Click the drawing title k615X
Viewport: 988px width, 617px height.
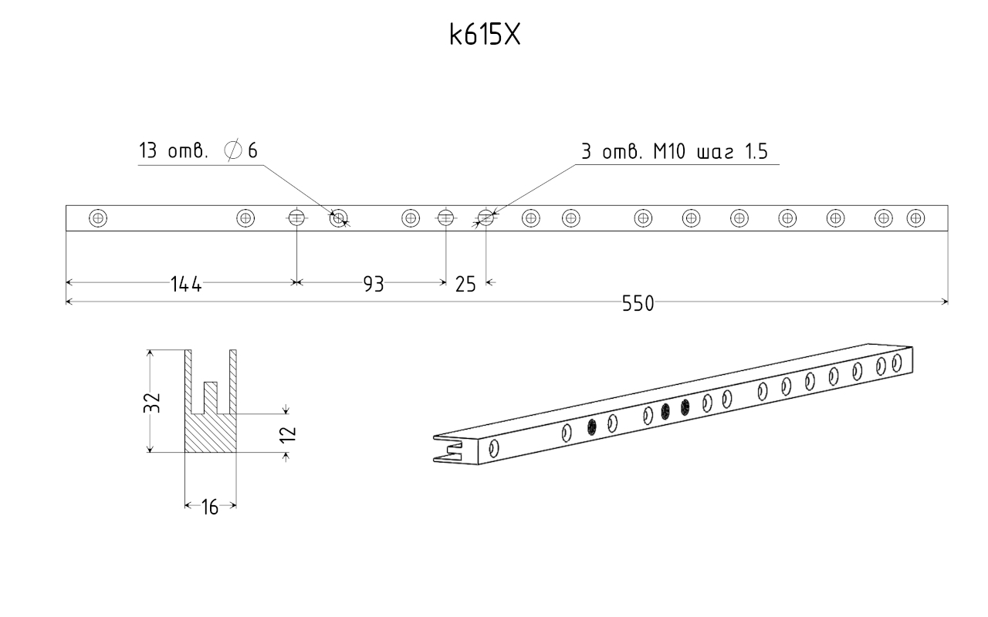click(x=485, y=35)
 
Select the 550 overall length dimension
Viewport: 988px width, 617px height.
click(x=638, y=304)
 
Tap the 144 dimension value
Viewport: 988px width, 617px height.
click(x=186, y=285)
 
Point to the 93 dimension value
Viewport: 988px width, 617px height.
click(x=374, y=285)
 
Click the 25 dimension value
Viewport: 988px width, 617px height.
click(x=465, y=285)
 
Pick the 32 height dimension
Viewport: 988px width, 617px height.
click(x=152, y=402)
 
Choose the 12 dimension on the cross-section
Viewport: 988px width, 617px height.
click(x=288, y=434)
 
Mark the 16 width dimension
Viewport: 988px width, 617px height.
click(x=210, y=507)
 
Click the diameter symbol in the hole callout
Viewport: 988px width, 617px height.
click(x=233, y=150)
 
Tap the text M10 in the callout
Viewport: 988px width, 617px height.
click(x=669, y=152)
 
